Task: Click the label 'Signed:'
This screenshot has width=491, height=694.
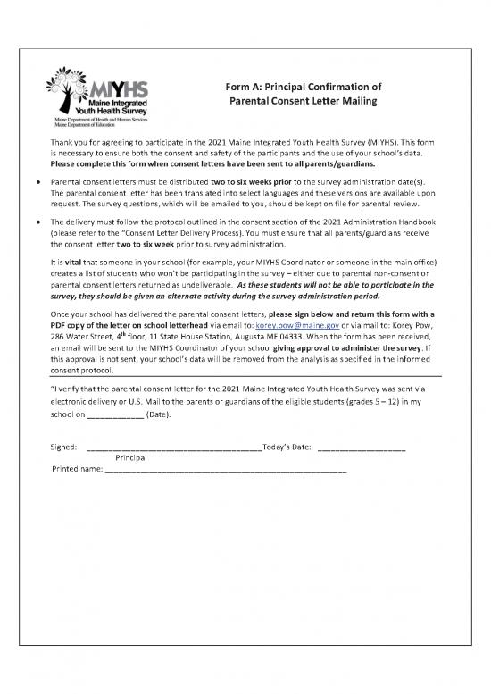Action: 65,447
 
